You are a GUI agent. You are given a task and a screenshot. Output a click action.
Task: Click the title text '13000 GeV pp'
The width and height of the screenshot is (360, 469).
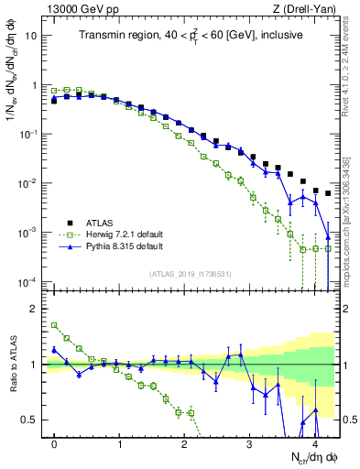click(77, 9)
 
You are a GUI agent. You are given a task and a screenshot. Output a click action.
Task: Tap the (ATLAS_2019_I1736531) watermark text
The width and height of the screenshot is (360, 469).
click(191, 273)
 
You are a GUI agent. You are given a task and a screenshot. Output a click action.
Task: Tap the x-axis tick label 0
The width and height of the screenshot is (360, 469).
click(54, 442)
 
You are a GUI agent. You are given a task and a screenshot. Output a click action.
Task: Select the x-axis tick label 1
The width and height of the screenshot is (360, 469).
click(119, 442)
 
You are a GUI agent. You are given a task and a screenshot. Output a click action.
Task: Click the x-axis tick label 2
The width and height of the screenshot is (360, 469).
click(184, 442)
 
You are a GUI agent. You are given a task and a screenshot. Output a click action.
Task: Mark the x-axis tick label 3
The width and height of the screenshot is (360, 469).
click(249, 442)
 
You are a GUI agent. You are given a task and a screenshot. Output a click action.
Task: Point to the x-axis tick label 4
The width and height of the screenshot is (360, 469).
click(314, 442)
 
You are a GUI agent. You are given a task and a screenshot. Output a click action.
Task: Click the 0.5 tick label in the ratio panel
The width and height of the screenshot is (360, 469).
click(31, 420)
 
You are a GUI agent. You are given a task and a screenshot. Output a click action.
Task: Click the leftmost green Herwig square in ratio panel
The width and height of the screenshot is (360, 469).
click(54, 325)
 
